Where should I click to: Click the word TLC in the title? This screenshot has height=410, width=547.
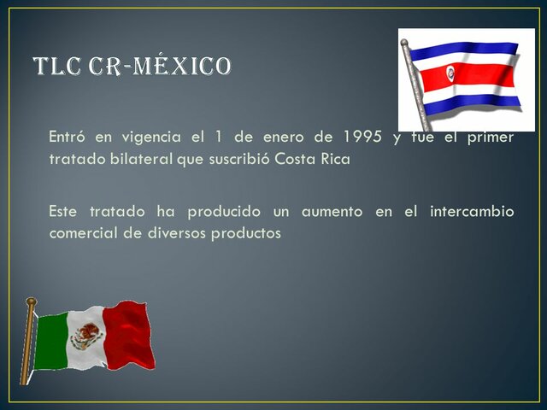(61, 66)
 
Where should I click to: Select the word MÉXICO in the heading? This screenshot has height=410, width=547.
(180, 66)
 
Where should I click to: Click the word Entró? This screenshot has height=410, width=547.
(68, 138)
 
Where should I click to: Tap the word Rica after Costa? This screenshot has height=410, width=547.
(333, 160)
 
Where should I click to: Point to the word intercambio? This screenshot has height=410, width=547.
(467, 211)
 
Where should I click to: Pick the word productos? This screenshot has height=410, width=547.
(249, 232)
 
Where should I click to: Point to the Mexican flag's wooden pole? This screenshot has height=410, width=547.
(28, 342)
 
